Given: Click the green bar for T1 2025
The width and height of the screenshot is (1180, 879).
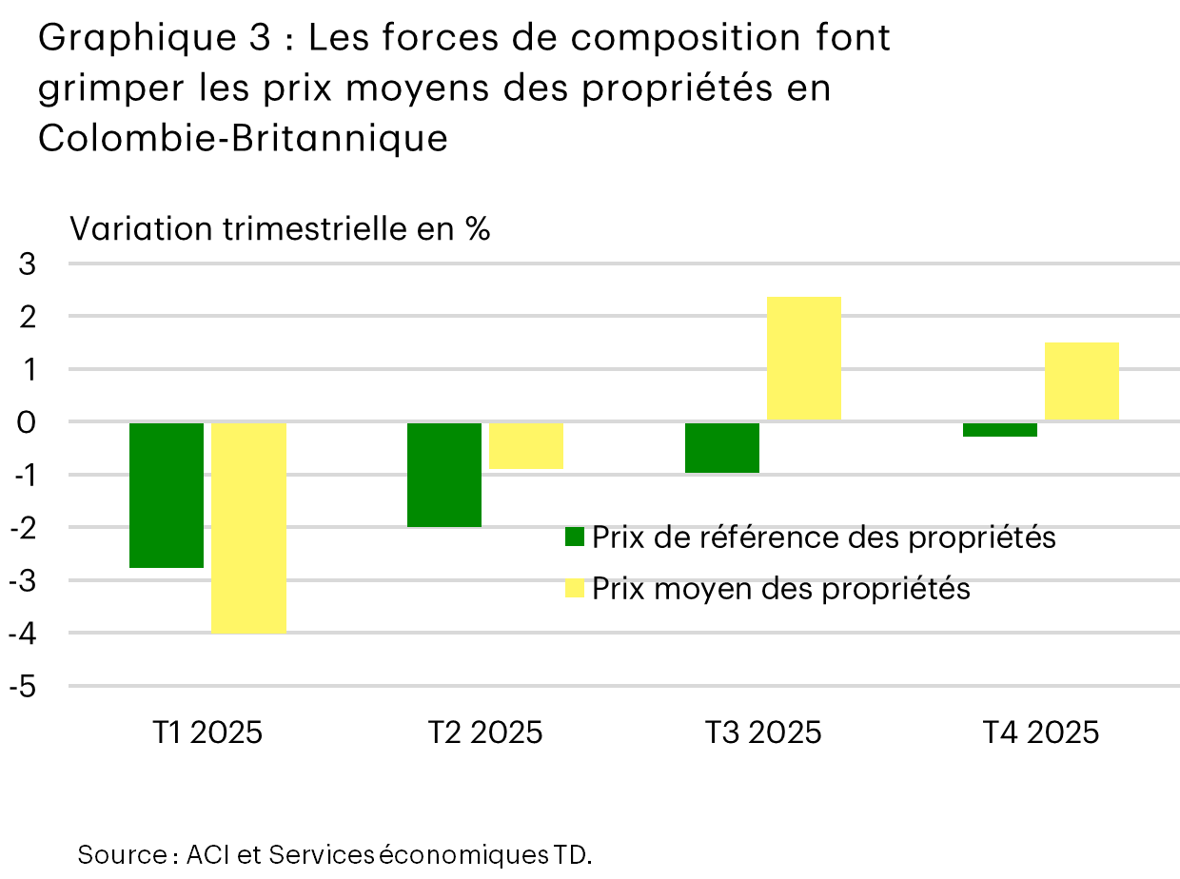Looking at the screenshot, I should pos(167,495).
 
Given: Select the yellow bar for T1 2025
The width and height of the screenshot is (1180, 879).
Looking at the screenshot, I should pos(248,527).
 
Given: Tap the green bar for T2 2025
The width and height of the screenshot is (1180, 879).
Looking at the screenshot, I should pos(444,474).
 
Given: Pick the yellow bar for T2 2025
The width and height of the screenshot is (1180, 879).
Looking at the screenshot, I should pos(526,445).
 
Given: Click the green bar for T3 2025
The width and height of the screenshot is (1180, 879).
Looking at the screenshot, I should pos(722,447).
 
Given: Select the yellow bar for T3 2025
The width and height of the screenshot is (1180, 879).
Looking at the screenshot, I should pos(804,359).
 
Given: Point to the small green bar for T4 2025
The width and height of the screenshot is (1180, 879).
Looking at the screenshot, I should pos(1000,429).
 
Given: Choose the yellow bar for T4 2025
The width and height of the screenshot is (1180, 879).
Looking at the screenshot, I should pos(1082,381).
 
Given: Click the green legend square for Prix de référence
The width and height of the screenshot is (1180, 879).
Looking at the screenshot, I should pos(574,537).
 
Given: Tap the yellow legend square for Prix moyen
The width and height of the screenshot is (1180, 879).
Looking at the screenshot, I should pos(574,589).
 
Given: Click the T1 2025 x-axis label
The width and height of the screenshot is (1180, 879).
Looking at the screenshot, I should pos(206,732).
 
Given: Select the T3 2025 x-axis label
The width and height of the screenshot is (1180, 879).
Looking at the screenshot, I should pos(762,732).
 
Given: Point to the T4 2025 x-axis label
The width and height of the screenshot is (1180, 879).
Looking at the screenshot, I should pos(1040,732).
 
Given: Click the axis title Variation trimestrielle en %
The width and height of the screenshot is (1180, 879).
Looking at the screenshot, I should pos(280,229).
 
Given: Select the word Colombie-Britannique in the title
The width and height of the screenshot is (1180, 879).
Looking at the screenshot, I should pos(243,138).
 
